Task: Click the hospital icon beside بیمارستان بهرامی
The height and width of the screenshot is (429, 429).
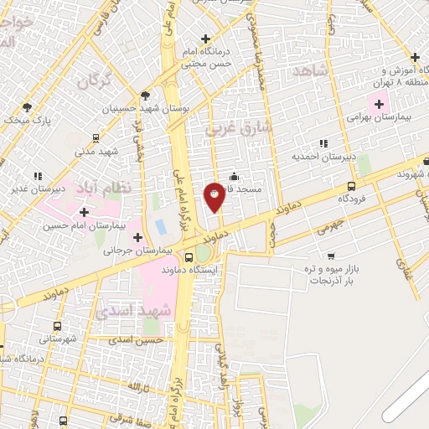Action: [x=379, y=105]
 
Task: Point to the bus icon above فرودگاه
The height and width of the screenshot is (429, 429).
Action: [x=350, y=186]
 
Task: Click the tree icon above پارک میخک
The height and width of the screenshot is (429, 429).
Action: [x=27, y=106]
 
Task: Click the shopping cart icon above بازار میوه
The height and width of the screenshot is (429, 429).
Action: [x=331, y=256]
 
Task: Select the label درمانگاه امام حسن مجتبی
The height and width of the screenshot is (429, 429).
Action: [x=207, y=51]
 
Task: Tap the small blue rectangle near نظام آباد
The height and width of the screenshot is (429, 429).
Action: [x=159, y=226]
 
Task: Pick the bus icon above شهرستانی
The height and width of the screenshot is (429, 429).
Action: [x=56, y=326]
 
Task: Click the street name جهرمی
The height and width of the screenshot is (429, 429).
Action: [x=308, y=225]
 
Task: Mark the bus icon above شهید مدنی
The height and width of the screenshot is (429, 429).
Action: [x=97, y=138]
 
